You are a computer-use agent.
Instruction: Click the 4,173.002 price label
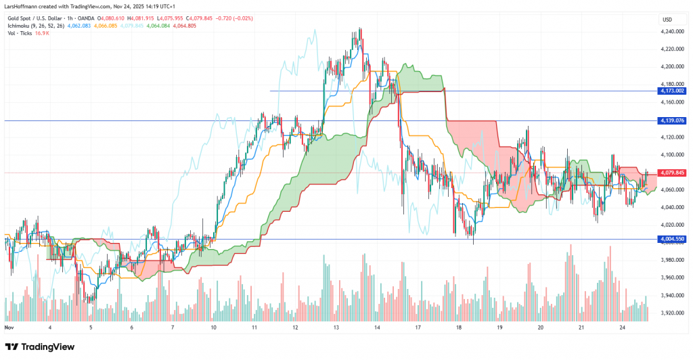point(671,91)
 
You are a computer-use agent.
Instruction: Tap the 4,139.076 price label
point(671,120)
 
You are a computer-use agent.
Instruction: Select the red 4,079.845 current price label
point(671,172)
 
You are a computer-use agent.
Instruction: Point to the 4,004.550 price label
point(671,239)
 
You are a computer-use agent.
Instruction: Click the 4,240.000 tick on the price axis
point(671,31)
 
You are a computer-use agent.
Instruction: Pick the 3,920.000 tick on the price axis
point(671,313)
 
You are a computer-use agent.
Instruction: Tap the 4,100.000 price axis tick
point(671,155)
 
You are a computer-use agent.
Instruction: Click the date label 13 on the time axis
point(336,327)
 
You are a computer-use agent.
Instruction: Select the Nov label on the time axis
point(9,327)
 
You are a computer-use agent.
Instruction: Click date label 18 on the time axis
point(459,327)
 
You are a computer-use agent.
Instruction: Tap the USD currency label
point(667,18)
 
